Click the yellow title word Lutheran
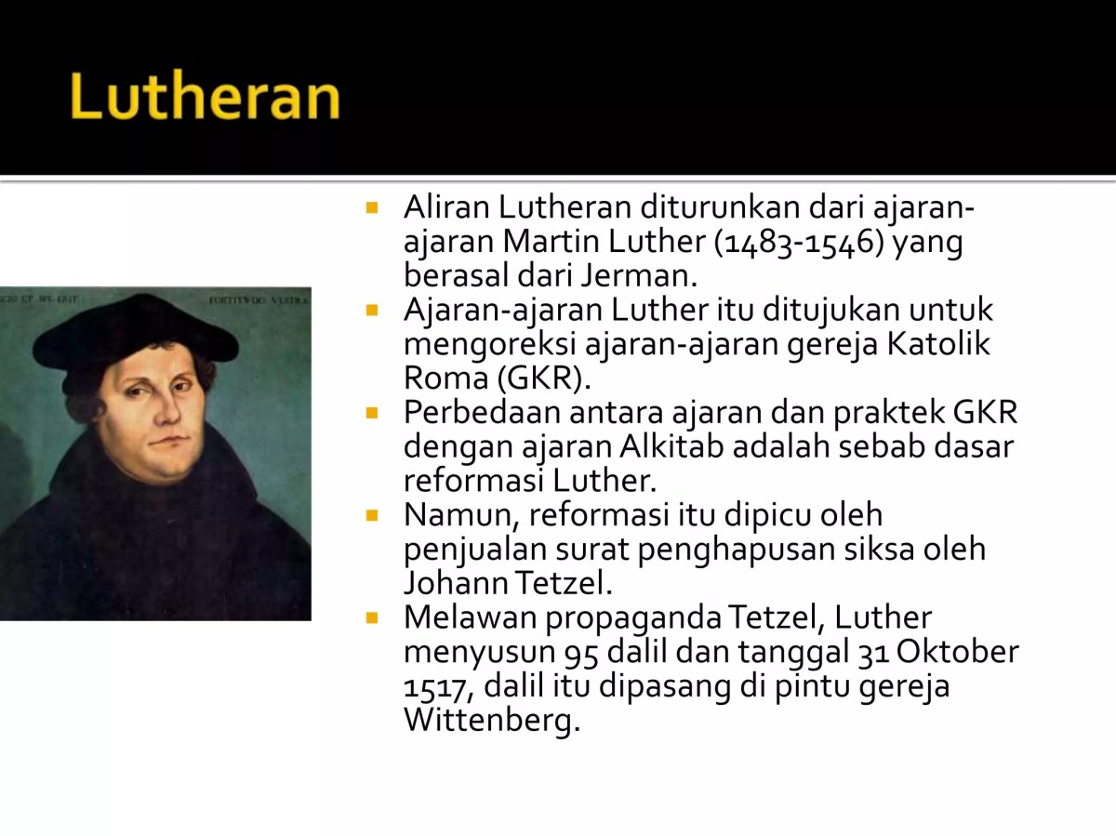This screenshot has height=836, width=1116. pos(205,98)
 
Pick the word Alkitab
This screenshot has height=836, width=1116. pos(671,446)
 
